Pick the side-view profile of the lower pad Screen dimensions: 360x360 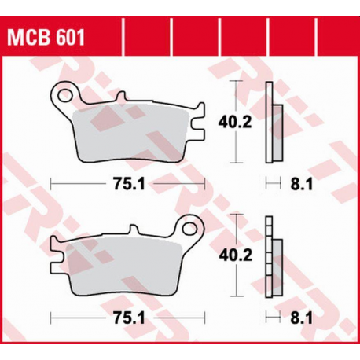pos(271,255)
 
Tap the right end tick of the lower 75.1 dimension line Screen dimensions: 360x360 pos(204,319)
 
